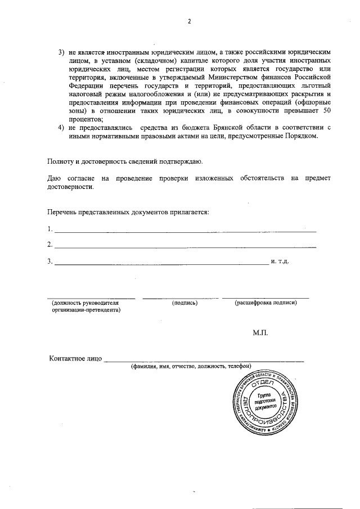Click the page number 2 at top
coord(189,22)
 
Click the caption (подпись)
coord(184,303)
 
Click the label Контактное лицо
coord(75,358)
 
